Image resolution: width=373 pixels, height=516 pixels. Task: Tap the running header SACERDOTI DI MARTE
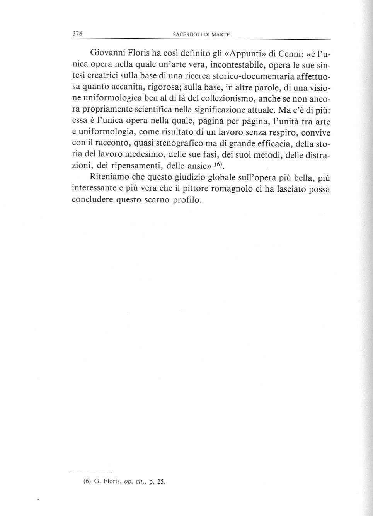[201, 34]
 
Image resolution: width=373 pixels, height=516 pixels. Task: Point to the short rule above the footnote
[92, 472]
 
